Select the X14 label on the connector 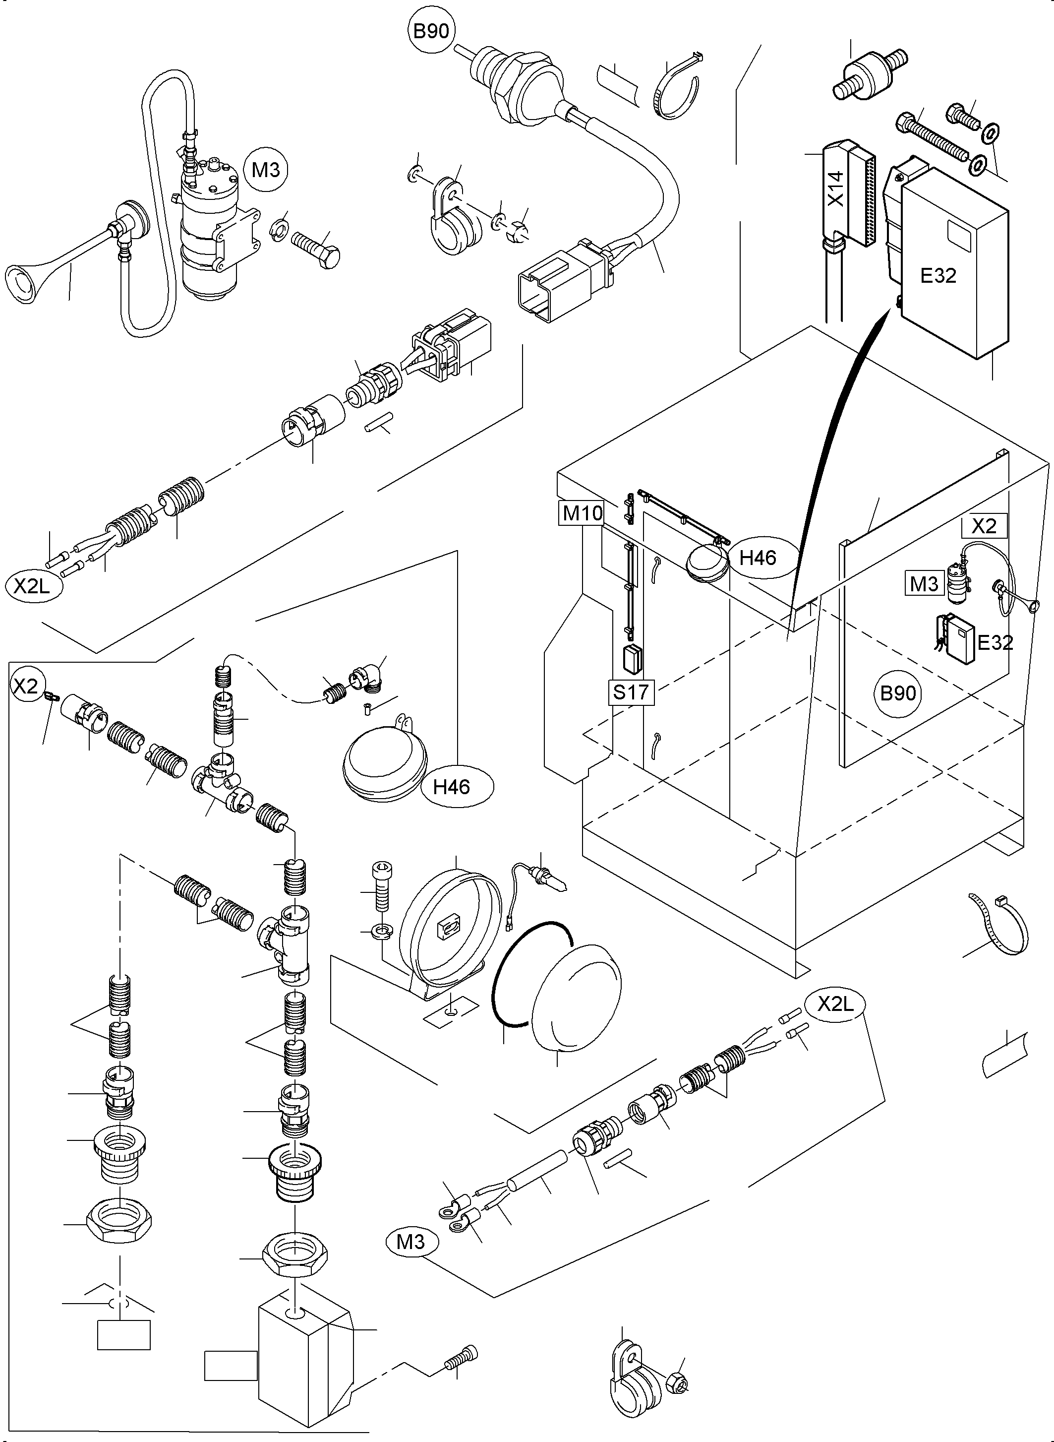coord(836,188)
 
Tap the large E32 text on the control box coord(938,276)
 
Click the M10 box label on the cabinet coord(583,512)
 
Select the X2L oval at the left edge coord(32,585)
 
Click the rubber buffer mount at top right coord(869,75)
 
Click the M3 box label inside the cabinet coord(924,583)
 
